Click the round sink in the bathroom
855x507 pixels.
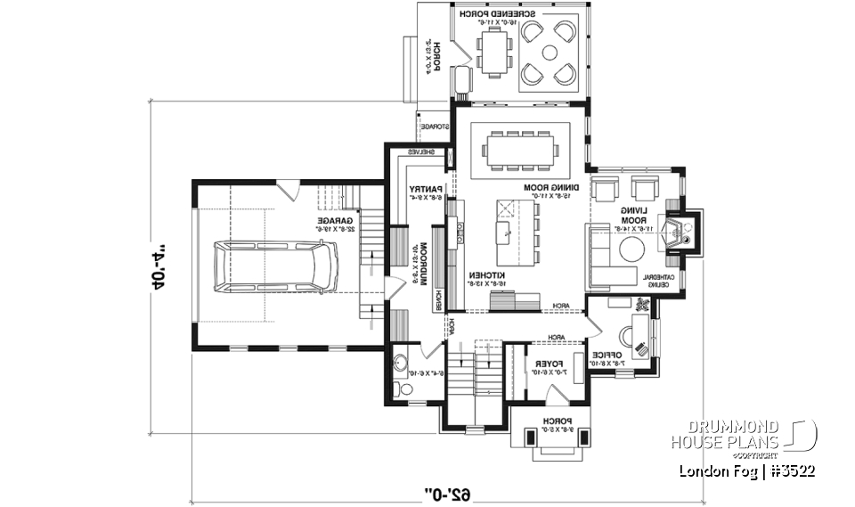(x=400, y=362)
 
